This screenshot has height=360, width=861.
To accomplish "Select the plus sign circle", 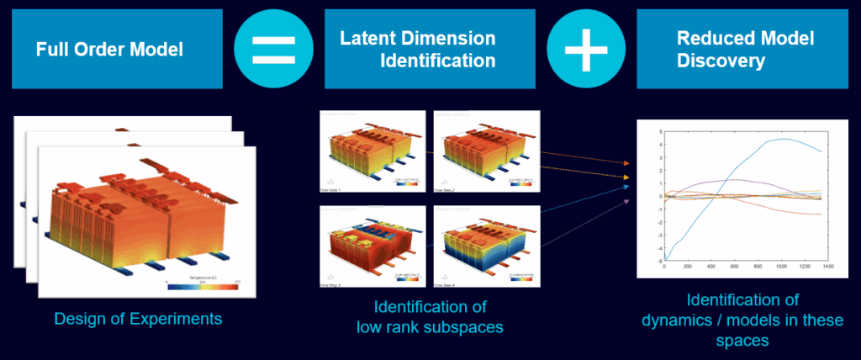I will (585, 49).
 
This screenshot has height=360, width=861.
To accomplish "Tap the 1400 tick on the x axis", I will (827, 267).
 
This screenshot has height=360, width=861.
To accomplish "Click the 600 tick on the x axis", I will (734, 267).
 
